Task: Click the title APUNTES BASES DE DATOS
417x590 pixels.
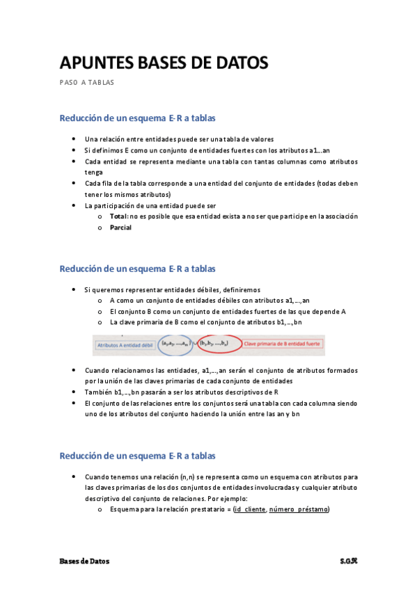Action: (164, 63)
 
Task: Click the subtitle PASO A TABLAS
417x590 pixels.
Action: (86, 83)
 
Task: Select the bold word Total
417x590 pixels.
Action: (118, 216)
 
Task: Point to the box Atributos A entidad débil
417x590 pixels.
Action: (124, 344)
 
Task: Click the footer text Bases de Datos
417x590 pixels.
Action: (84, 561)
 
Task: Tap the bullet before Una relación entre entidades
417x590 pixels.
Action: (74, 139)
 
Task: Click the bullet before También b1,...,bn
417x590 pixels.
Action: (74, 392)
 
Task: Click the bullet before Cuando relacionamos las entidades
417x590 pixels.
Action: (74, 371)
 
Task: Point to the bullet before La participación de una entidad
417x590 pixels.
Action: (74, 206)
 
